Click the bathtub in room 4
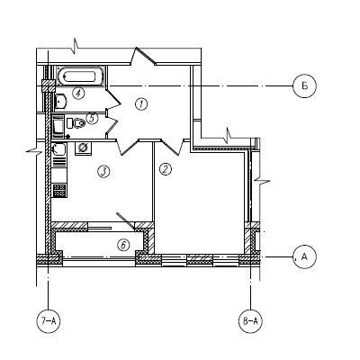(80, 76)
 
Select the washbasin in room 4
(61, 101)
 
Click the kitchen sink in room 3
(58, 149)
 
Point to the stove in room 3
(59, 191)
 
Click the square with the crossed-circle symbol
(83, 148)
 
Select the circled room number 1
(141, 104)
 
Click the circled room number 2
(165, 169)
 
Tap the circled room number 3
(103, 172)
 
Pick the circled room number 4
(78, 93)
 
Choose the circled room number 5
(92, 118)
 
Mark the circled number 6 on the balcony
(123, 245)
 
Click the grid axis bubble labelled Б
(304, 86)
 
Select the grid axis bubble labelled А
(304, 256)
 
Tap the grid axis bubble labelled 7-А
(48, 321)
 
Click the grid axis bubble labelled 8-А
(250, 321)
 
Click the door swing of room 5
(112, 123)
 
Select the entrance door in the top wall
(143, 56)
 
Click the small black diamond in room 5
(67, 137)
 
